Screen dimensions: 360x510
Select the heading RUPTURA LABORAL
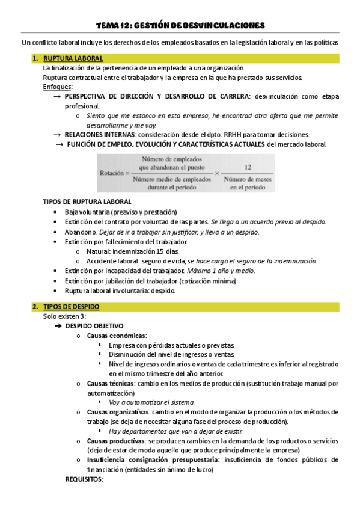pos(73,58)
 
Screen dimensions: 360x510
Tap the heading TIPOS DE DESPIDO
pos(72,307)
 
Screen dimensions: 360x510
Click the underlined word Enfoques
pos(57,87)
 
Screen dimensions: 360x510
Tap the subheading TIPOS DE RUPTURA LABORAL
pos(87,201)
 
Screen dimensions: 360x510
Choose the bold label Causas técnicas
pos(111,383)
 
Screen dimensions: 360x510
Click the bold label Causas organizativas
pos(117,412)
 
